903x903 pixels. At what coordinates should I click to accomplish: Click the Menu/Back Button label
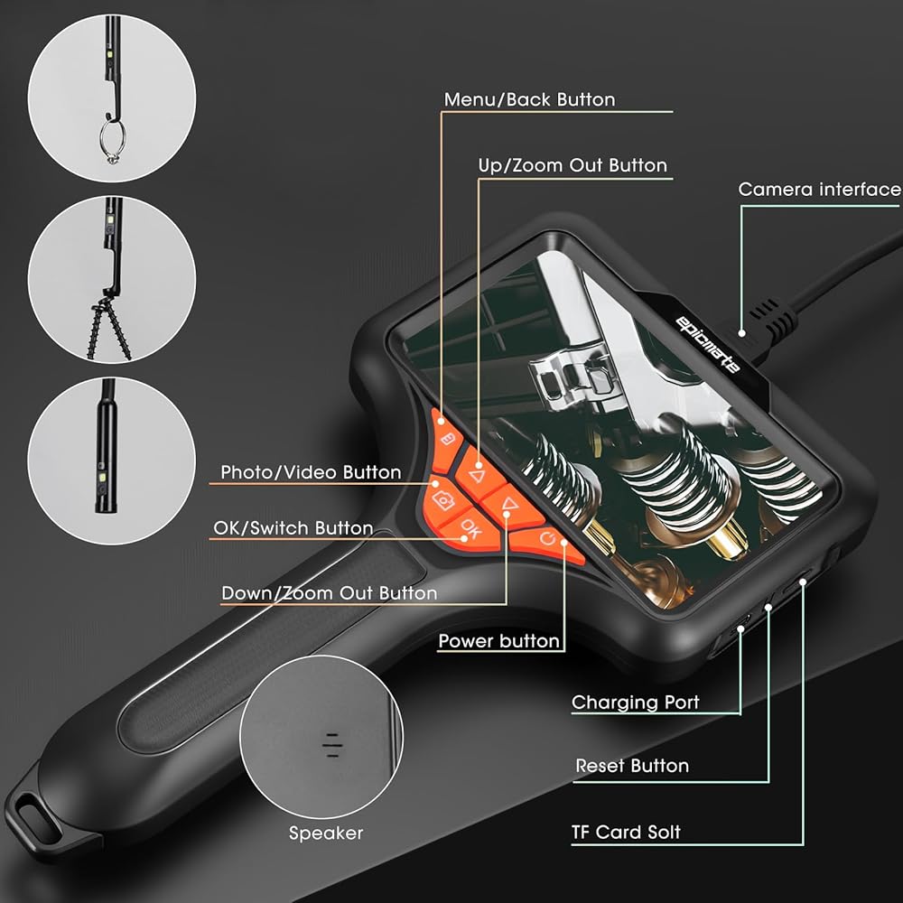pyautogui.click(x=529, y=99)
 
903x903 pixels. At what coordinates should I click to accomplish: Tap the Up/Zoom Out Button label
pyautogui.click(x=573, y=165)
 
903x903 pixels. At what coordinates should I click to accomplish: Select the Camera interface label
pyautogui.click(x=819, y=190)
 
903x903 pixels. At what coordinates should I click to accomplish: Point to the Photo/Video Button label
pyautogui.click(x=311, y=472)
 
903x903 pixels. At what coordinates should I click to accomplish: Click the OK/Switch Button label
pyautogui.click(x=293, y=528)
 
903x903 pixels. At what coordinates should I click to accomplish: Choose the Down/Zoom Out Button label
pyautogui.click(x=329, y=593)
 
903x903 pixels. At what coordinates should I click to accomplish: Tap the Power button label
pyautogui.click(x=498, y=641)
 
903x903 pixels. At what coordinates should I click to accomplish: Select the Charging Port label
pyautogui.click(x=635, y=702)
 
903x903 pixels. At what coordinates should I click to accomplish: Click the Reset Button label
pyautogui.click(x=632, y=766)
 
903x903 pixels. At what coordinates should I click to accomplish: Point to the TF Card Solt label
pyautogui.click(x=626, y=832)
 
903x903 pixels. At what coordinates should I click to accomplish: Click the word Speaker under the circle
pyautogui.click(x=325, y=833)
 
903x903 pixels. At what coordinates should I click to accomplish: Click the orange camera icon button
pyautogui.click(x=443, y=499)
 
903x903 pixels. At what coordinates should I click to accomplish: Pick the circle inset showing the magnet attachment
pyautogui.click(x=111, y=280)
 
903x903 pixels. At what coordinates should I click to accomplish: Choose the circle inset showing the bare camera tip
pyautogui.click(x=111, y=461)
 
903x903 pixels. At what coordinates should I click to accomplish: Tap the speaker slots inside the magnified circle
pyautogui.click(x=334, y=742)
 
